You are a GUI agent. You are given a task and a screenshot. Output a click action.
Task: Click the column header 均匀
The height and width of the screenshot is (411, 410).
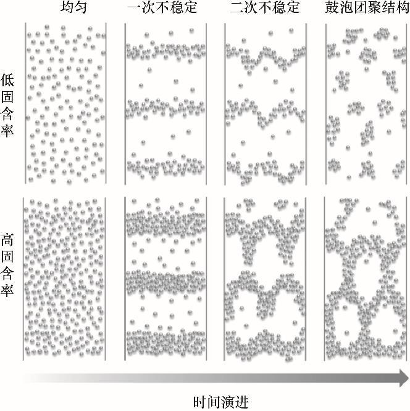(x=66, y=9)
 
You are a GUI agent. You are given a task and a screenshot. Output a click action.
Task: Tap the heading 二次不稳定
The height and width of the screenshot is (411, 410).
(x=264, y=9)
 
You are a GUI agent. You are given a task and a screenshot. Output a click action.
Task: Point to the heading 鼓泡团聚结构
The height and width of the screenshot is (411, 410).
(x=367, y=9)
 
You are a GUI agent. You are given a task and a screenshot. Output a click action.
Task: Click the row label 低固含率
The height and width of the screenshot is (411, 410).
(x=9, y=104)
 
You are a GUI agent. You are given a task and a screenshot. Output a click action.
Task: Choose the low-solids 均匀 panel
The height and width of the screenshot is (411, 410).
(x=66, y=103)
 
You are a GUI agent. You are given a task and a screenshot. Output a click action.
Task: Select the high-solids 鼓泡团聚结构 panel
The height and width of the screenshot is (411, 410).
(x=367, y=277)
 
